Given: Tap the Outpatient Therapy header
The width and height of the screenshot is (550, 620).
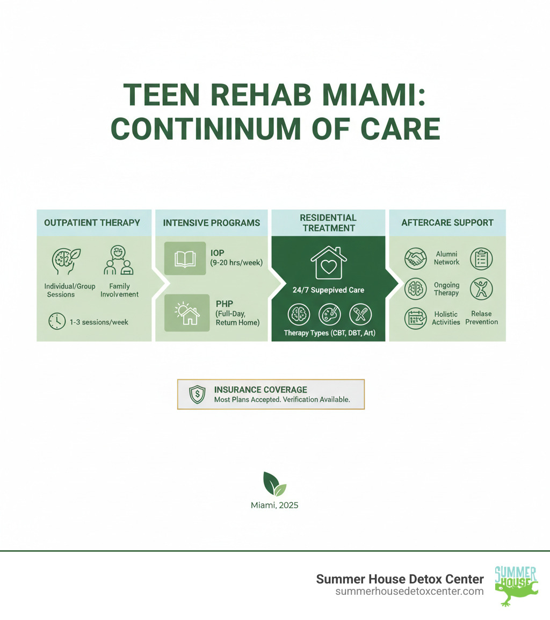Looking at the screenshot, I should (92, 222).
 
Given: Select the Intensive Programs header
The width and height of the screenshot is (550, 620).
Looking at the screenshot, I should (211, 222).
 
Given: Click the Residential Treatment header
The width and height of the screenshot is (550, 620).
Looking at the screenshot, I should (328, 222).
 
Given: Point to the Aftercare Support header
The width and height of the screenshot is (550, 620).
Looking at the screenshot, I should (447, 222).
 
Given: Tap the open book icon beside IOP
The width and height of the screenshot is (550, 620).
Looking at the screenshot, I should (185, 258).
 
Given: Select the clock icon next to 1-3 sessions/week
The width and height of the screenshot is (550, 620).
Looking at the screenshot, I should (56, 321).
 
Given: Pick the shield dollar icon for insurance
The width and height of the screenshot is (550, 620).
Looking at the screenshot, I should (198, 394).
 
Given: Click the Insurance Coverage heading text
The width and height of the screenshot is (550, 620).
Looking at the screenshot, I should (260, 390).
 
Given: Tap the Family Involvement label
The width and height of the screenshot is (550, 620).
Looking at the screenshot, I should (120, 290).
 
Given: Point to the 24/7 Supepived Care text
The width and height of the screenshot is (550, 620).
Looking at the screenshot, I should (328, 290).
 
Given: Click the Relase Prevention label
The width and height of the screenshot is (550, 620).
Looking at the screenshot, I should (481, 318).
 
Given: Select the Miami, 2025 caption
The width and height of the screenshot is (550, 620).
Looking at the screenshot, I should (274, 505).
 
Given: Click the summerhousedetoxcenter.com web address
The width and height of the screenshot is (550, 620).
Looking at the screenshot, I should (409, 591).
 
